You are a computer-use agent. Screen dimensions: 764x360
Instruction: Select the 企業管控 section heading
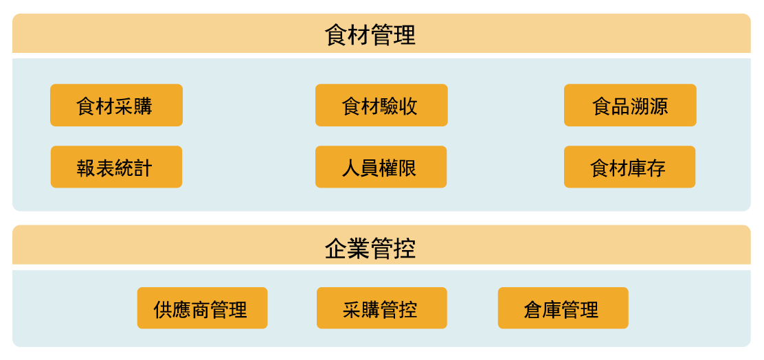tap(370, 249)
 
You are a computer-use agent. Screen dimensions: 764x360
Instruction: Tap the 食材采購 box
tap(116, 105)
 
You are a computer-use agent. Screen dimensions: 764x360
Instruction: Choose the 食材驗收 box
tap(381, 105)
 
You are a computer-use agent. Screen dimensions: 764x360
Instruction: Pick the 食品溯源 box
tap(630, 105)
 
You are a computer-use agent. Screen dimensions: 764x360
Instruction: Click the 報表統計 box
tap(116, 167)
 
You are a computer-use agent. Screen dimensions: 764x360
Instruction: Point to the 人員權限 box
tap(381, 167)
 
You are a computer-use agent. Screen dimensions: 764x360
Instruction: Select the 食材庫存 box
tap(629, 167)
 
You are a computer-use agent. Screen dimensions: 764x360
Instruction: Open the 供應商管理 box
tap(202, 308)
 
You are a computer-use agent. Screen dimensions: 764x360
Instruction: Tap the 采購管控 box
tap(382, 308)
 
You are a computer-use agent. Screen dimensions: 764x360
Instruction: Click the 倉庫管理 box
tap(563, 308)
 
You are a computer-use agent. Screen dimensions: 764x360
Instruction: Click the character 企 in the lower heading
tap(336, 249)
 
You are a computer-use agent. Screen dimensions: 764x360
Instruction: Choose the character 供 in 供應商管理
tap(164, 309)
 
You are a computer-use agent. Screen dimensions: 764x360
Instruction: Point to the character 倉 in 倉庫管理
tap(534, 309)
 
